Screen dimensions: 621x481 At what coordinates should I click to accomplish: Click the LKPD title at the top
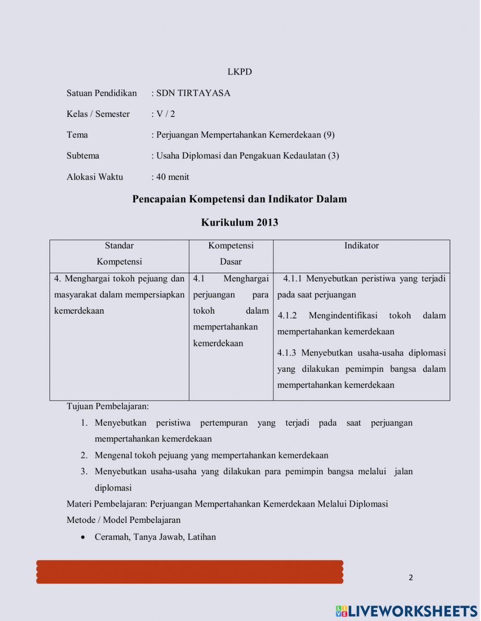coord(240,72)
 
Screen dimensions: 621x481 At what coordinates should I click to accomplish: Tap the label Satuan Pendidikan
coord(101,93)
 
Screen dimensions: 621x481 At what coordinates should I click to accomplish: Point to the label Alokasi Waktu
coord(95,177)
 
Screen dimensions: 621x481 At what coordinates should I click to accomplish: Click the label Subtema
coord(83,155)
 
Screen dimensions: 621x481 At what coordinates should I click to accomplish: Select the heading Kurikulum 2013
coord(240,222)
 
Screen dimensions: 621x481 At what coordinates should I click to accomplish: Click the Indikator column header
coord(361,245)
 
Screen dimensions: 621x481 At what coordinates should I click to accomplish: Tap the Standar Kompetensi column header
coord(119,253)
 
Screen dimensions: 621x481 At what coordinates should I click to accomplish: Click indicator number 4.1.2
coord(287,316)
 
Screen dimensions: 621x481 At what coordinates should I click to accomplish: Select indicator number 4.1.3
coord(287,353)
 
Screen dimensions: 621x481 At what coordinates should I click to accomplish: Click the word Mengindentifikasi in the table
coord(343,316)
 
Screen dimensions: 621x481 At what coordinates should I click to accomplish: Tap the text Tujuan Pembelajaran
coord(108,406)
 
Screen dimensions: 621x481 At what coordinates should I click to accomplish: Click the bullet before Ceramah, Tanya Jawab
coord(84,537)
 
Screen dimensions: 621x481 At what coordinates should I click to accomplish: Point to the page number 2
coord(411,577)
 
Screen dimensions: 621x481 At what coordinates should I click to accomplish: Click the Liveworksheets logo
coord(406,610)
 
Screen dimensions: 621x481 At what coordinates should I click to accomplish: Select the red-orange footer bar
coord(190,572)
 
